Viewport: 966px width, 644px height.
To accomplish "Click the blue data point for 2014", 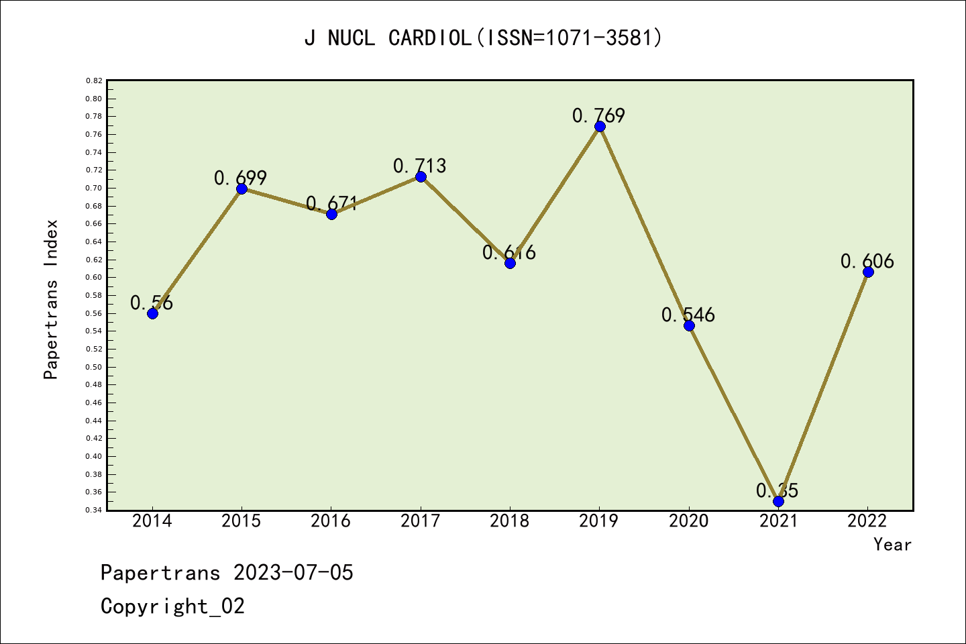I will (x=152, y=313).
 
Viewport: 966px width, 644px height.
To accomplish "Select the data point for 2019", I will (x=600, y=127).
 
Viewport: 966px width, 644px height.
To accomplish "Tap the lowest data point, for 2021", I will (x=778, y=501).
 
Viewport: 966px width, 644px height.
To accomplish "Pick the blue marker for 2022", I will (x=868, y=272).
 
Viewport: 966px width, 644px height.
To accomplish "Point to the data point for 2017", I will (x=421, y=176).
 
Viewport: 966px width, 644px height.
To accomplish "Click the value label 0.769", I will (x=598, y=116).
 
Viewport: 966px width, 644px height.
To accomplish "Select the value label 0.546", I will (x=688, y=315).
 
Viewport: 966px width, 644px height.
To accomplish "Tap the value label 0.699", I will (x=241, y=178).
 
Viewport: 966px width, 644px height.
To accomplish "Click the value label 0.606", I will (x=867, y=261).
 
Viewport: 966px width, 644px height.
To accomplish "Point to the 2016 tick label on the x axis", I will (x=331, y=521).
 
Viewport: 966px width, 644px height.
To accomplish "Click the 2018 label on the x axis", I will (x=510, y=521).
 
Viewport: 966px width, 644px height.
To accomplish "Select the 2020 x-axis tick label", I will (x=689, y=521).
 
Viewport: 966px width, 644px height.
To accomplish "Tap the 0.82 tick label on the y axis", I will (x=94, y=80).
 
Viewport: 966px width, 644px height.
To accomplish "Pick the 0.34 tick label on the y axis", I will (x=94, y=511).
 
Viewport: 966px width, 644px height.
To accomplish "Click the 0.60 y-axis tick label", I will (x=94, y=278).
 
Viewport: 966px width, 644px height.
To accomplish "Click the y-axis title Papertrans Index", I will (x=51, y=299).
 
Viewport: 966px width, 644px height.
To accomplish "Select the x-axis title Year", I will (x=892, y=545).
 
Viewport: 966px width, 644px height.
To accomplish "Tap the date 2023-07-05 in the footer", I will (x=293, y=573).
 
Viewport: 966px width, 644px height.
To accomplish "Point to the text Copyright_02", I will (x=172, y=606).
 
